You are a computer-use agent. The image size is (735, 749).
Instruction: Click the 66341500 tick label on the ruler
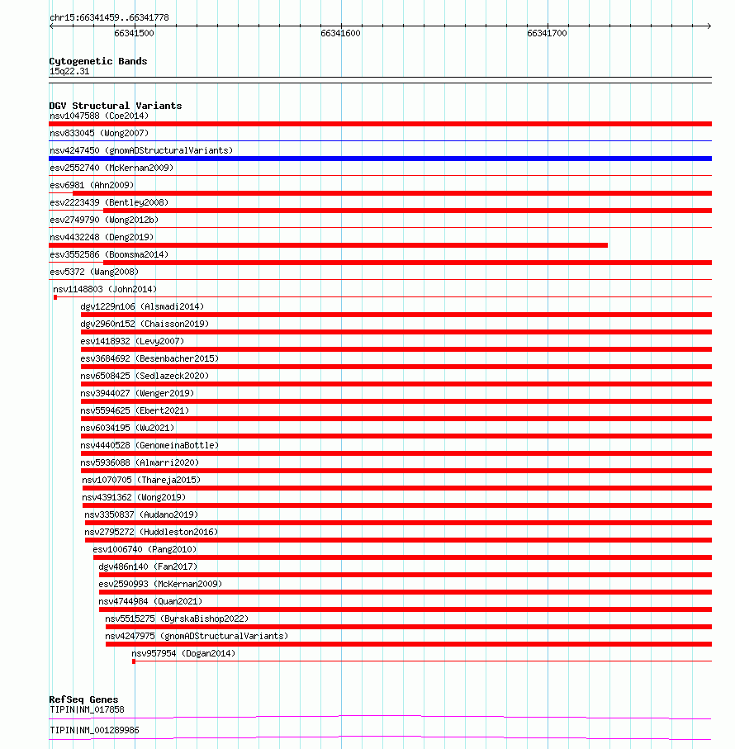tap(134, 33)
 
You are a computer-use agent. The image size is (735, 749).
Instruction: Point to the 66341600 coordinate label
tap(340, 33)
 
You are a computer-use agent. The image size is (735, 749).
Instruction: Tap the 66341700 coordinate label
tap(547, 33)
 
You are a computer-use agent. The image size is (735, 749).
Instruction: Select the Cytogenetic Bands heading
tap(97, 61)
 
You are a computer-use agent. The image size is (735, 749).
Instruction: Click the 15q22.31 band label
tap(69, 72)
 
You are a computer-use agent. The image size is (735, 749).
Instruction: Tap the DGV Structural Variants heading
tap(115, 106)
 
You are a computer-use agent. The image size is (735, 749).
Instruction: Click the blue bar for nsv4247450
tap(380, 159)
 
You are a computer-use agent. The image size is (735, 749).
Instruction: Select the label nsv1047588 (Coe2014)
tap(99, 116)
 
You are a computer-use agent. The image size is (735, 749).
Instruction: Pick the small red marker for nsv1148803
tap(55, 297)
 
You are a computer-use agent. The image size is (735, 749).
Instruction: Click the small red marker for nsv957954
tap(134, 661)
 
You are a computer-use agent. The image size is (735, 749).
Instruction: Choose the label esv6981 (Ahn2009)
tap(92, 185)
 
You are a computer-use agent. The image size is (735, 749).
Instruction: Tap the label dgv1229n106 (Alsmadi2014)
tap(142, 306)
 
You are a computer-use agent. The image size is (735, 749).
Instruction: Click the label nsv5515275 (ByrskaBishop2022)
tap(177, 619)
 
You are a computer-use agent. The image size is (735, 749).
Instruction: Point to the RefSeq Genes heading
tap(83, 699)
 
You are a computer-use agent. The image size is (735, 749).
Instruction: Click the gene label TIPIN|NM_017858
tap(87, 709)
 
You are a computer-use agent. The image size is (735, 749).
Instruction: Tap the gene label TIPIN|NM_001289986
tap(94, 730)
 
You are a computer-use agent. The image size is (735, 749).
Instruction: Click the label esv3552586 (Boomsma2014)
tap(109, 254)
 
